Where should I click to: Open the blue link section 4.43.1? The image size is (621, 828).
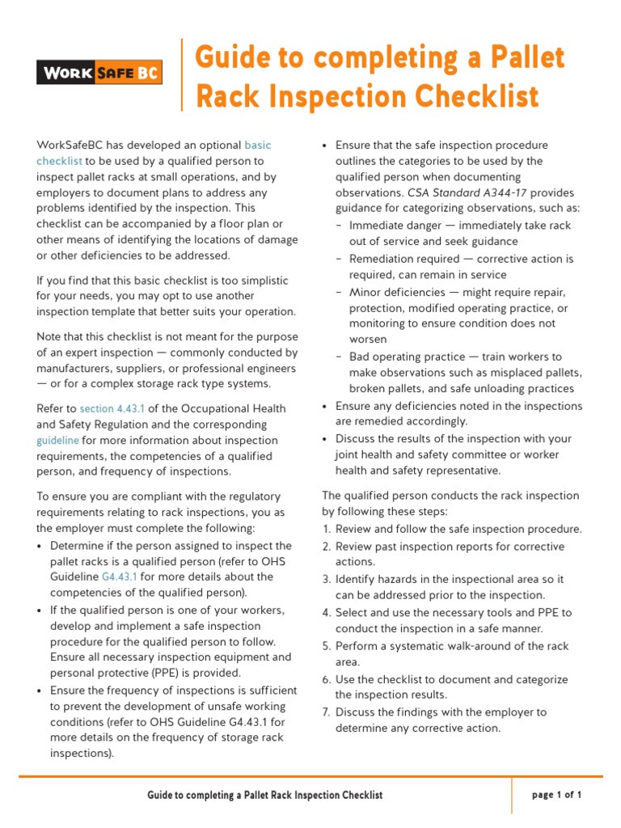(108, 409)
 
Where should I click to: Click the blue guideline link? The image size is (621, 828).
(57, 441)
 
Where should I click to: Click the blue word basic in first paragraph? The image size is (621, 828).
(257, 146)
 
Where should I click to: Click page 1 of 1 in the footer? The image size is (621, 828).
(556, 795)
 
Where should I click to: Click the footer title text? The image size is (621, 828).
(264, 796)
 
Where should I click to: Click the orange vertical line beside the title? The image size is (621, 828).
(182, 74)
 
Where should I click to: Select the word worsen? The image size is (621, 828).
(368, 340)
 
